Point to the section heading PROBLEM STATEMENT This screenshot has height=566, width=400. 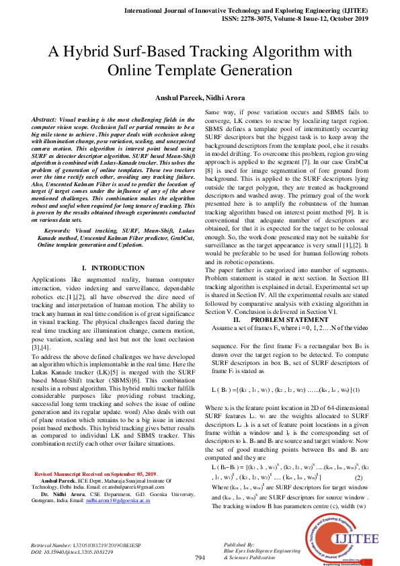(x=281, y=319)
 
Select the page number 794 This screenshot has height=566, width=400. (x=200, y=558)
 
